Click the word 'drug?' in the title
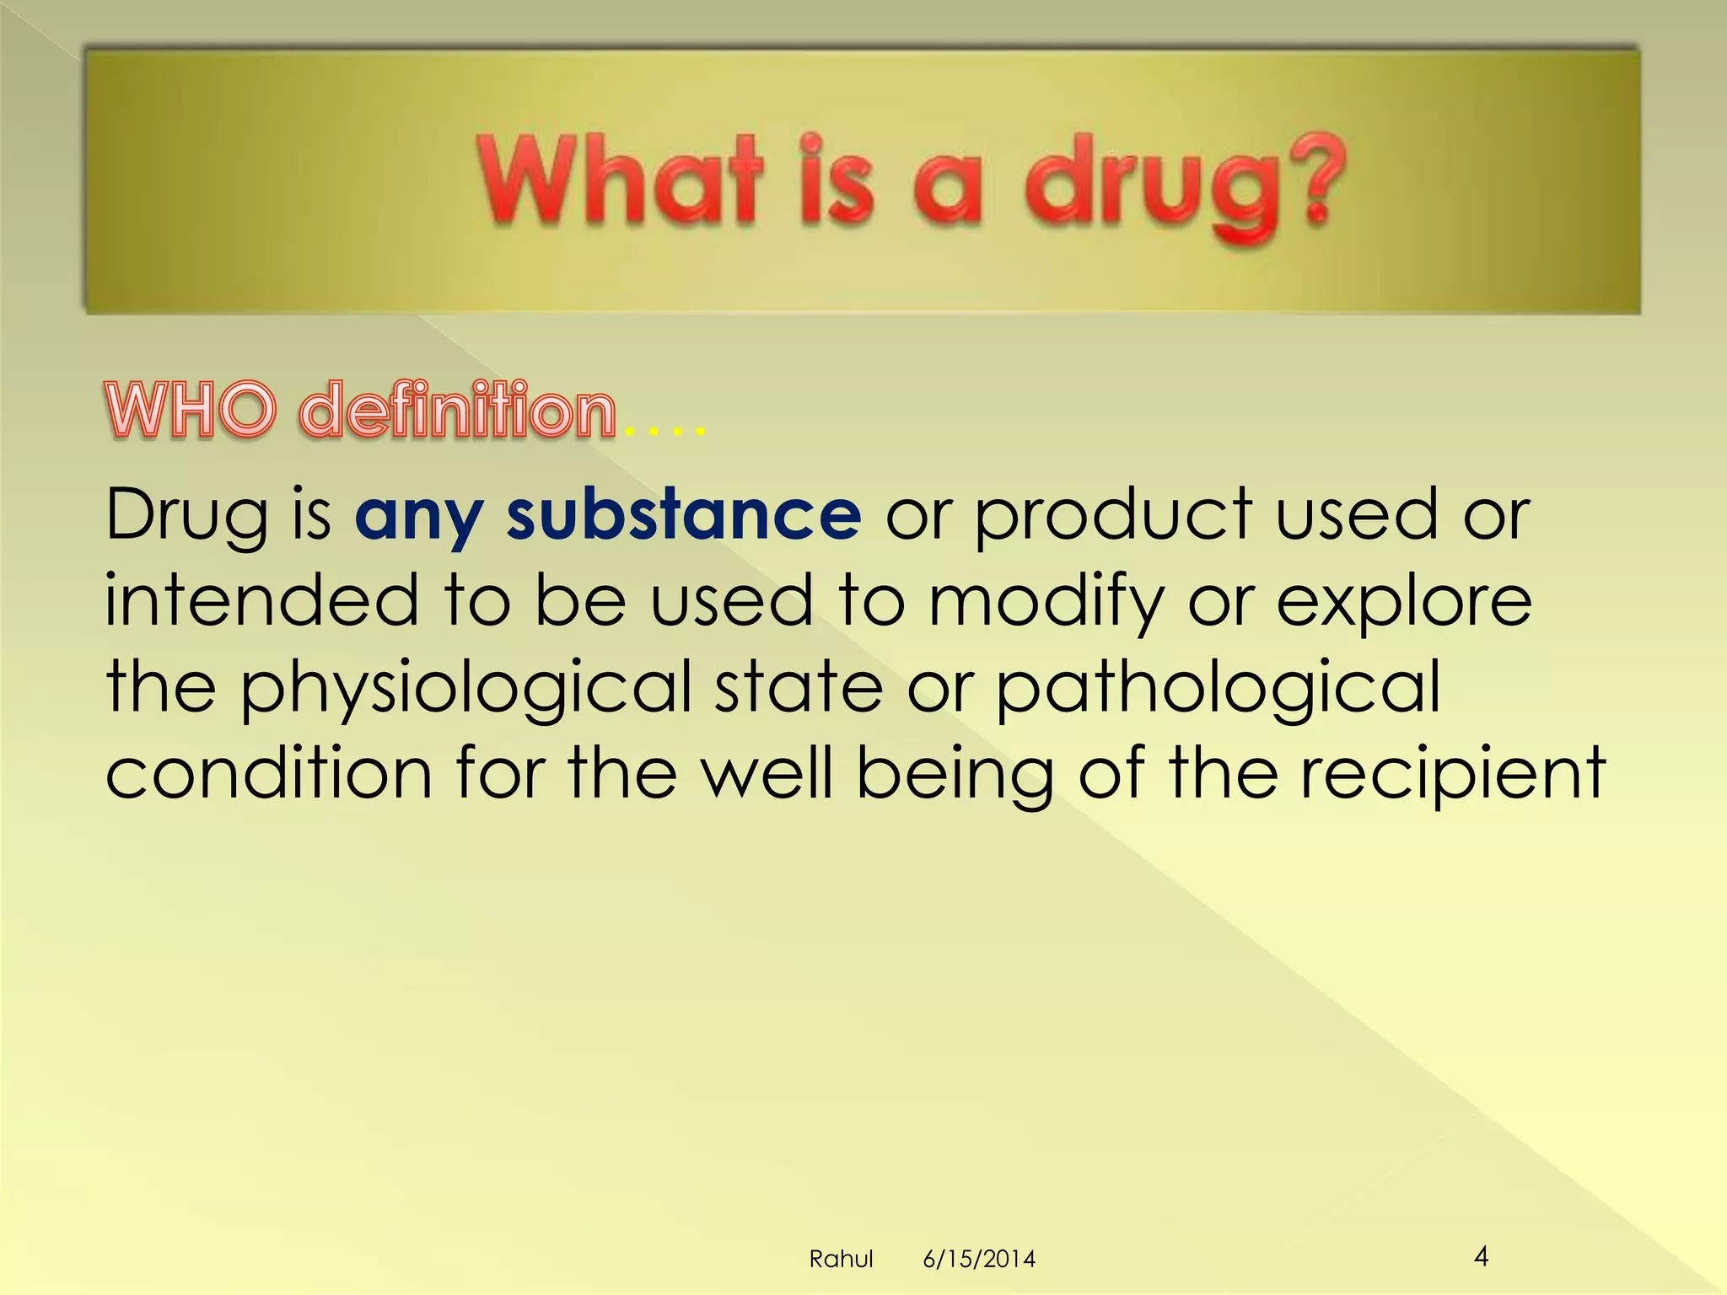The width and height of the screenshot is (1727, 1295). pos(1185,185)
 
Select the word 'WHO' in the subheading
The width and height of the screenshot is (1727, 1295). pos(191,411)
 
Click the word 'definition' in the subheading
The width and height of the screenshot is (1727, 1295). pos(458,411)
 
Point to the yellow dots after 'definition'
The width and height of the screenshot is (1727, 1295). pos(664,432)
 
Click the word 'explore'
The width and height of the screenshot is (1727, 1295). pos(1403,603)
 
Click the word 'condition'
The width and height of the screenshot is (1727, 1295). pos(268,773)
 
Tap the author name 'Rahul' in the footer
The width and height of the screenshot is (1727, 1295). pos(841,1260)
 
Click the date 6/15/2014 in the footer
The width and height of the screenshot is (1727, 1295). pos(979,1260)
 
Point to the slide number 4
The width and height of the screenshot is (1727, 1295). pos(1481,1257)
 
